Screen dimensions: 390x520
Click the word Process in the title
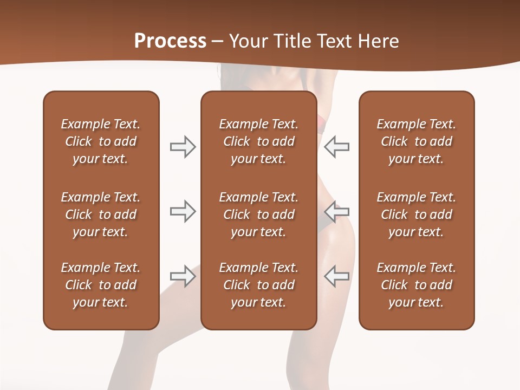point(170,41)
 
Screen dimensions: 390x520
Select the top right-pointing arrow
point(183,147)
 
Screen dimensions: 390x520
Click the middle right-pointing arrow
point(183,211)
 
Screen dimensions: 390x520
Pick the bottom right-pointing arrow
point(183,276)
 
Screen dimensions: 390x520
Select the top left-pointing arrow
point(337,147)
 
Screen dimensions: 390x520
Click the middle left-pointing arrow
point(337,211)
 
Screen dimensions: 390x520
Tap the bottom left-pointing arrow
point(337,276)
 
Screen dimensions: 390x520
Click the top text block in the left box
point(101,141)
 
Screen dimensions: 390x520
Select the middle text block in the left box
point(101,214)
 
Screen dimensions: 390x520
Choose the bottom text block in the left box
point(101,285)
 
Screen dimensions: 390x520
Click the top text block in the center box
point(258,141)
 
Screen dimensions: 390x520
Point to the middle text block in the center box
point(258,214)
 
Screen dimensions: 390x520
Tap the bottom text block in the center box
point(258,285)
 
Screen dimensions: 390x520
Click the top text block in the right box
point(416,141)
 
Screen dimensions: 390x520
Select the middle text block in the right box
point(416,214)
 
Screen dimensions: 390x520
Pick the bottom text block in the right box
point(416,285)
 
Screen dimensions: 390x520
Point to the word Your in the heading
point(246,41)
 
